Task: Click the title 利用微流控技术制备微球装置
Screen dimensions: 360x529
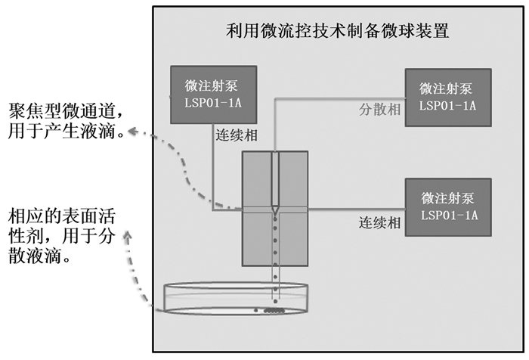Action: (339, 31)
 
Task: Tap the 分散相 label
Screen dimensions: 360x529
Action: (379, 108)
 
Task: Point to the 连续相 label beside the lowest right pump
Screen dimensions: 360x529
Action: (379, 223)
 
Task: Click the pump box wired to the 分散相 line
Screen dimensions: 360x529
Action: (447, 97)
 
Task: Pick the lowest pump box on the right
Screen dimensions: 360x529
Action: (447, 206)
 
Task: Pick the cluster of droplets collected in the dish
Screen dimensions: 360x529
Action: (271, 309)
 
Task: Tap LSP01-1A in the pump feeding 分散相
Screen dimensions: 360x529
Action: (447, 104)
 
